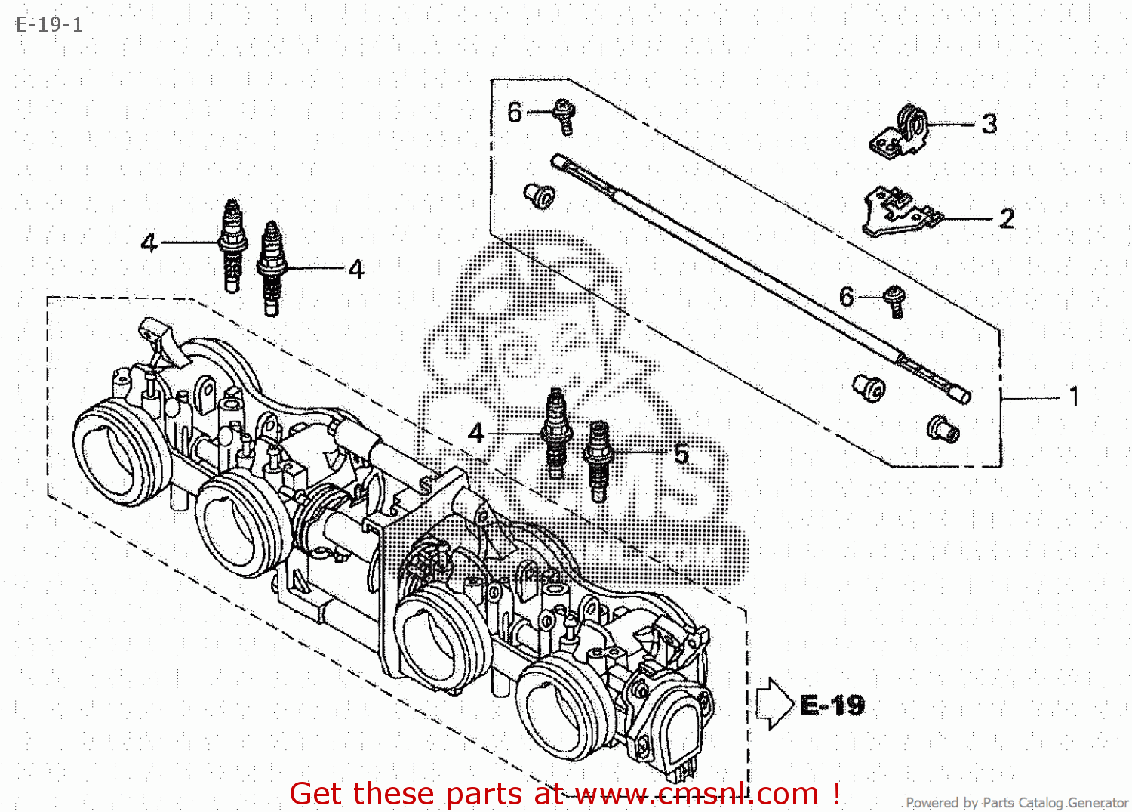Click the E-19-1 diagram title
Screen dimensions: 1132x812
tap(49, 24)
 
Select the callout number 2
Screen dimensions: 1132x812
tap(1007, 218)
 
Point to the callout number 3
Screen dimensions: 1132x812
tap(989, 123)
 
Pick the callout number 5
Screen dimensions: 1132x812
tap(681, 454)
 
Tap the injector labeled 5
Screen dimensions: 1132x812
tap(598, 461)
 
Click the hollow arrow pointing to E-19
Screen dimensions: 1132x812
tap(774, 704)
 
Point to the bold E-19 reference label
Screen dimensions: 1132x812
tap(832, 704)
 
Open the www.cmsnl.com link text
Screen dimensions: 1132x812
tap(697, 793)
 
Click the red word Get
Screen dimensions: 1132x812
tap(318, 793)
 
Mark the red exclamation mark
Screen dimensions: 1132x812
tap(836, 793)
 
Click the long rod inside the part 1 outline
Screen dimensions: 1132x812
tap(761, 279)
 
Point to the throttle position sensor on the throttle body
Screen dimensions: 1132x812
tap(667, 719)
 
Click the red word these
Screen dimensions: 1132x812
tap(393, 793)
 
